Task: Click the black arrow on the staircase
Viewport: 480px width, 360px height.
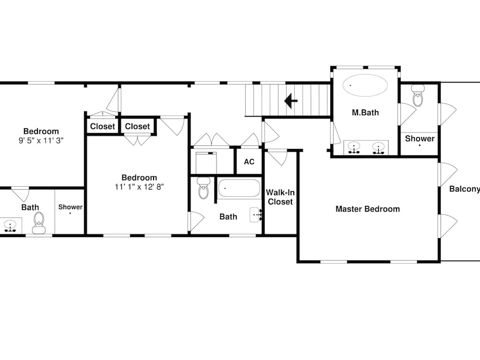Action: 290,100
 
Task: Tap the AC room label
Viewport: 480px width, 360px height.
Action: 249,162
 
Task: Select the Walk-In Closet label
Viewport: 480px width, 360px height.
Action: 280,197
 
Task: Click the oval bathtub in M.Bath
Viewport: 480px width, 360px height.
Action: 365,85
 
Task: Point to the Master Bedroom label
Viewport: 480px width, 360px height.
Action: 368,209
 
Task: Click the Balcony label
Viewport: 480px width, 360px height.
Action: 464,189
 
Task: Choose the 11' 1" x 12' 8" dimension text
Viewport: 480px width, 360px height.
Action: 139,187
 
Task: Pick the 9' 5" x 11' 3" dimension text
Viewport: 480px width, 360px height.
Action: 41,141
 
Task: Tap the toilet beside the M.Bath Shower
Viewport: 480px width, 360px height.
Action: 418,95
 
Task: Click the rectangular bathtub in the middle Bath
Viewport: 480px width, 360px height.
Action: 239,188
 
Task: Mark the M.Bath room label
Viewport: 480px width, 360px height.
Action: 365,113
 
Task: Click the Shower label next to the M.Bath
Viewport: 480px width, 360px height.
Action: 420,139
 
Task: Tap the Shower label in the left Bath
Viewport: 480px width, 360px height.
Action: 71,207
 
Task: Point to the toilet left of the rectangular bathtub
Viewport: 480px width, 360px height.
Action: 203,188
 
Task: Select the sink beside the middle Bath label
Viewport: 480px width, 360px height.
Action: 256,215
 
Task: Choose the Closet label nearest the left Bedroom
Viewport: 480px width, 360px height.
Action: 103,126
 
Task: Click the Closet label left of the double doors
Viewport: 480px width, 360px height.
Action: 137,126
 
